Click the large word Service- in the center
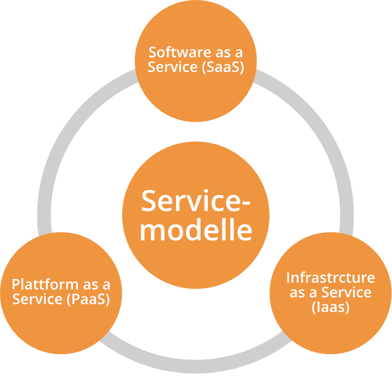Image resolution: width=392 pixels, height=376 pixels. pyautogui.click(x=196, y=201)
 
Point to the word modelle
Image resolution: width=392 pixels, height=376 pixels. pyautogui.click(x=196, y=230)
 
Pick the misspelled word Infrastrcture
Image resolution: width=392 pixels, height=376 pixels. pyautogui.click(x=330, y=277)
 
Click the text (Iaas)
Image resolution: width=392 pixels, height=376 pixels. pyautogui.click(x=330, y=307)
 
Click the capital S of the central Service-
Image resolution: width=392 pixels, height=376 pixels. pyautogui.click(x=149, y=201)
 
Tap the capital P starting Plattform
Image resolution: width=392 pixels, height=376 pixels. pyautogui.click(x=15, y=284)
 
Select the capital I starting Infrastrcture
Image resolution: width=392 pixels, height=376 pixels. pyautogui.click(x=289, y=277)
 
